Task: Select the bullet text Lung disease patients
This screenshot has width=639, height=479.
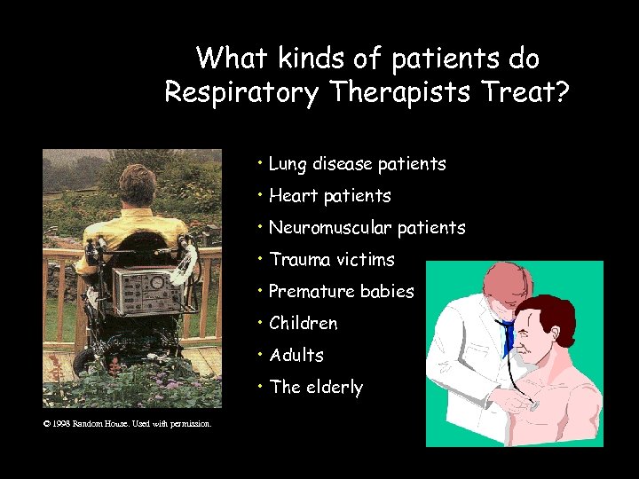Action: pos(357,164)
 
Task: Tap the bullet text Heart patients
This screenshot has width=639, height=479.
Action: pos(329,196)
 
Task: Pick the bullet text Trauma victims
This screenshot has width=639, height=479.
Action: pos(331,260)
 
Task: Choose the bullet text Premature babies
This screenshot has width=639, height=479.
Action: pos(341,292)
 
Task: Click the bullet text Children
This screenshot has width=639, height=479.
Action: pos(303,324)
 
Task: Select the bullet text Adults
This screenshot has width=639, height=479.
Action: pos(296,356)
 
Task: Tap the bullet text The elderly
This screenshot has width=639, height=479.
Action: pos(315,388)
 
